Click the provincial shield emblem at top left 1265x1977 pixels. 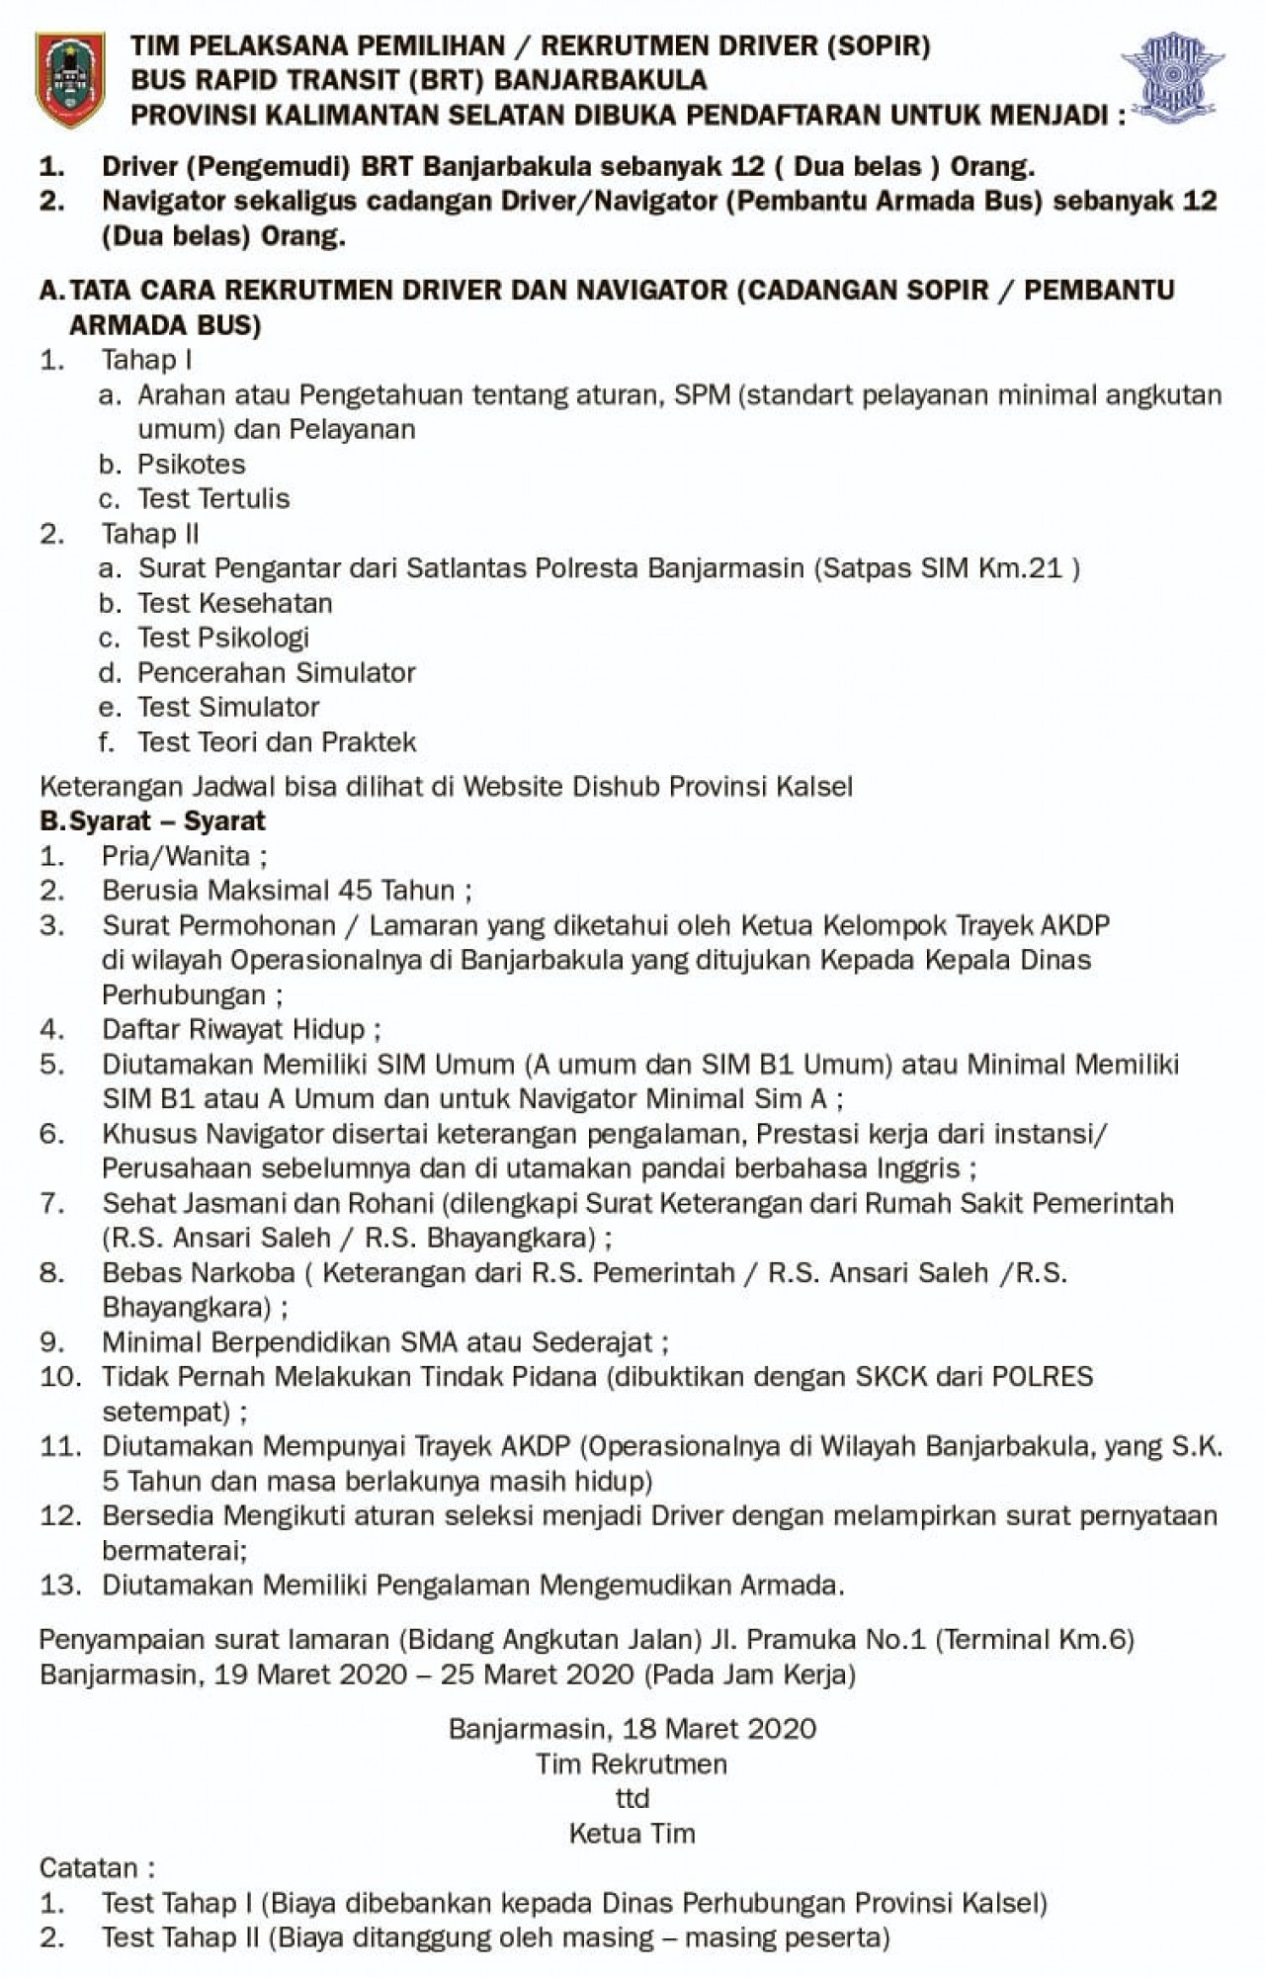tap(69, 79)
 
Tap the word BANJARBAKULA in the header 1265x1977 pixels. tap(600, 80)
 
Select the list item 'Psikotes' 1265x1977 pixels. tap(191, 464)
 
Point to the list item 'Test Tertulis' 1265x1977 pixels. tap(213, 498)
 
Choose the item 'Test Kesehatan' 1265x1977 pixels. tap(234, 603)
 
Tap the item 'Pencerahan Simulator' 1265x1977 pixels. tap(276, 672)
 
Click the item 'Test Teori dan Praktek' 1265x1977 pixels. tap(277, 741)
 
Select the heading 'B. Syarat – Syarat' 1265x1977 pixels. tap(153, 820)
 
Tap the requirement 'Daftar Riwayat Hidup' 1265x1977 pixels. tap(233, 1029)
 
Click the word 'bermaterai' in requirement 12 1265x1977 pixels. tap(172, 1550)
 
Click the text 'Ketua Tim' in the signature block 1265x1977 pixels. tap(632, 1833)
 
